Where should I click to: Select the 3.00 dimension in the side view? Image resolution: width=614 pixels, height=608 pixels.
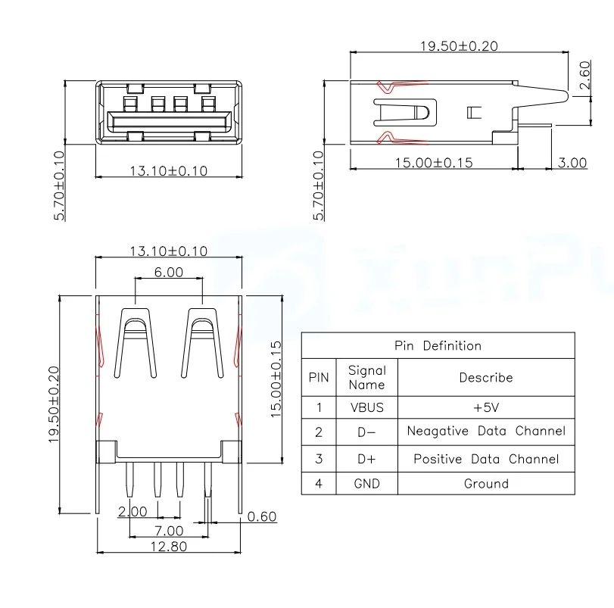pyautogui.click(x=572, y=162)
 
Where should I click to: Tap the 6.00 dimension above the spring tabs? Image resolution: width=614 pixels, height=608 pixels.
pyautogui.click(x=169, y=272)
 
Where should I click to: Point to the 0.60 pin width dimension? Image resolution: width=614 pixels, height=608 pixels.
pyautogui.click(x=262, y=516)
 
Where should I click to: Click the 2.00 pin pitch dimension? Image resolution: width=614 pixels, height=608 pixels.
pyautogui.click(x=132, y=512)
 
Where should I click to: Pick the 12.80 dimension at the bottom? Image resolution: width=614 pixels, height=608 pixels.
pyautogui.click(x=169, y=546)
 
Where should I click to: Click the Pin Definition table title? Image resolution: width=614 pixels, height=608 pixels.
pyautogui.click(x=438, y=345)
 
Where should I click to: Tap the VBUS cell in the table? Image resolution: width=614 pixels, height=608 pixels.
pyautogui.click(x=366, y=407)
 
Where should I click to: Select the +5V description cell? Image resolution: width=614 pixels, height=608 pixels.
pyautogui.click(x=485, y=407)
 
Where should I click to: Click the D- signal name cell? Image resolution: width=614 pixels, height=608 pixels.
pyautogui.click(x=366, y=432)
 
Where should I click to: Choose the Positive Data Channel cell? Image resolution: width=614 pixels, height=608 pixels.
pyautogui.click(x=485, y=459)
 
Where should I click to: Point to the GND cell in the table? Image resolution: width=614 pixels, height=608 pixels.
pyautogui.click(x=366, y=483)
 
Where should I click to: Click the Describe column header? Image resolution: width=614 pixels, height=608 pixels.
pyautogui.click(x=485, y=377)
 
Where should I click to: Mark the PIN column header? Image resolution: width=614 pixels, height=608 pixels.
pyautogui.click(x=319, y=377)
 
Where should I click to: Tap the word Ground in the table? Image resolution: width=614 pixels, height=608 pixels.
pyautogui.click(x=485, y=483)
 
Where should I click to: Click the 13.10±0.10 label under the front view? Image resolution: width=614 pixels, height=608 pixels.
pyautogui.click(x=168, y=171)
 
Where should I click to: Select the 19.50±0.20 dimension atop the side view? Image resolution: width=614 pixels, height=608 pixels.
pyautogui.click(x=459, y=45)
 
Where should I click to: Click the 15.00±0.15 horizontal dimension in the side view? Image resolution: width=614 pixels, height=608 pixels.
pyautogui.click(x=434, y=162)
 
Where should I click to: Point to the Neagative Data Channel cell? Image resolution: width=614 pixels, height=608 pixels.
pyautogui.click(x=485, y=432)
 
